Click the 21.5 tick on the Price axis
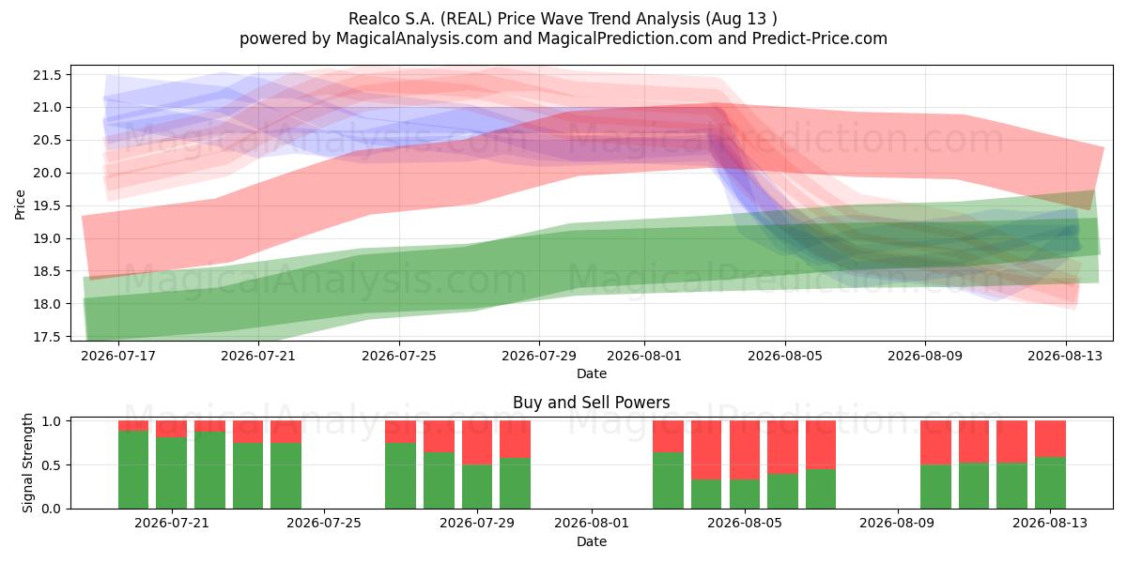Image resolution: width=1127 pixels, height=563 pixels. [x=47, y=75]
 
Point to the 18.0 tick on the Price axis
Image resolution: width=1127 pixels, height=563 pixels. [x=47, y=304]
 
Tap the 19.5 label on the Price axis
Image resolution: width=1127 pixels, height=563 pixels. [x=47, y=206]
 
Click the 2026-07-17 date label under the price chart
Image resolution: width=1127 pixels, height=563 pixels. [x=118, y=356]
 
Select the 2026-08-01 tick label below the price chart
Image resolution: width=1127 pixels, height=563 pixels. [x=644, y=356]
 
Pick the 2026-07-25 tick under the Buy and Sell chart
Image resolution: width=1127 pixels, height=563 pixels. [x=324, y=524]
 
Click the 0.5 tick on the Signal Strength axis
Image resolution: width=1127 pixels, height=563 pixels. [x=51, y=465]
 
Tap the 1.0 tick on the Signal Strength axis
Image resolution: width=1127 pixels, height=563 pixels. [x=51, y=421]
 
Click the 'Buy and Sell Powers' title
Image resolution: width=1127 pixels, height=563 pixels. [x=591, y=403]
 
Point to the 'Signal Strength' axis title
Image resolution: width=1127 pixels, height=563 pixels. [x=27, y=463]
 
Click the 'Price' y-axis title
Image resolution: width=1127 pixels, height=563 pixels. [x=20, y=205]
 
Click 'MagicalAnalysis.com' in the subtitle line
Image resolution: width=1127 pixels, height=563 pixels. [x=417, y=38]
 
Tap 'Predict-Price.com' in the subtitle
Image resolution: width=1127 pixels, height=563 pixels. [x=820, y=38]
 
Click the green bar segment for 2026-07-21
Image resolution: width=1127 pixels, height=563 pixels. [x=172, y=473]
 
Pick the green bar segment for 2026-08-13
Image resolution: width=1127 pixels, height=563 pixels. [x=1050, y=483]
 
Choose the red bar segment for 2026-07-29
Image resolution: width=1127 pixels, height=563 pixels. [x=477, y=443]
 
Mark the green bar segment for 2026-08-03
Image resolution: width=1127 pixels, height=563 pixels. [x=706, y=495]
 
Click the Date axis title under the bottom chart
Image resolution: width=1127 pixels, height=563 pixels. [x=591, y=542]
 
